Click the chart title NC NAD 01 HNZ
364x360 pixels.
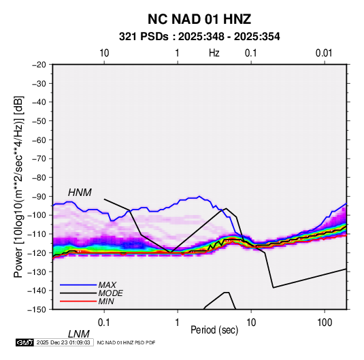[x=199, y=19]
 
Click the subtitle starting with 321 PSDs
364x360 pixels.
[x=199, y=37]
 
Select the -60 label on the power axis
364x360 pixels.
[x=39, y=140]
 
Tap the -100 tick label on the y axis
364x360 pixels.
[x=37, y=215]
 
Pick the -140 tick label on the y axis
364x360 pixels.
[x=37, y=291]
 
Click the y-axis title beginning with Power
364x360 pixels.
[x=18, y=186]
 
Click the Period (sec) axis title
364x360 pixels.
[x=214, y=330]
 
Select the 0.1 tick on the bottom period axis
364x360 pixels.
[x=104, y=322]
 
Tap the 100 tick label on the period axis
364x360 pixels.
[x=325, y=322]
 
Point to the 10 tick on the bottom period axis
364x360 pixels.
[x=251, y=322]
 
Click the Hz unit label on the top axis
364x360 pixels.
[x=214, y=53]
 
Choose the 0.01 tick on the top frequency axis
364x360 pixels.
[x=324, y=53]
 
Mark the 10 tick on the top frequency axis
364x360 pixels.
[x=104, y=53]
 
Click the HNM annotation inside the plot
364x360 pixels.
[x=80, y=193]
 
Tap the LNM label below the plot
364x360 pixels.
[x=78, y=334]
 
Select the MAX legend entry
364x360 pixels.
[x=107, y=285]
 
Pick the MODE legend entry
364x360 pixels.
[x=110, y=293]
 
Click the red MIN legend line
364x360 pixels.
[x=78, y=301]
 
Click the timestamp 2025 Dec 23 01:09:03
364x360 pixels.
[x=63, y=342]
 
